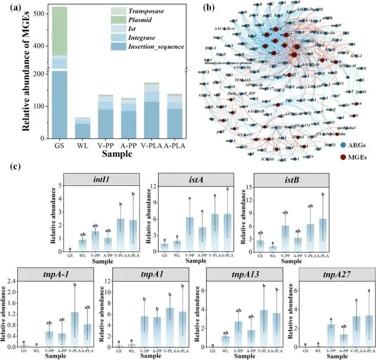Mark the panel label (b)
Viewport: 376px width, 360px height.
201,7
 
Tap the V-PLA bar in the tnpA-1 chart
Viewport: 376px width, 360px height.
74,329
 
